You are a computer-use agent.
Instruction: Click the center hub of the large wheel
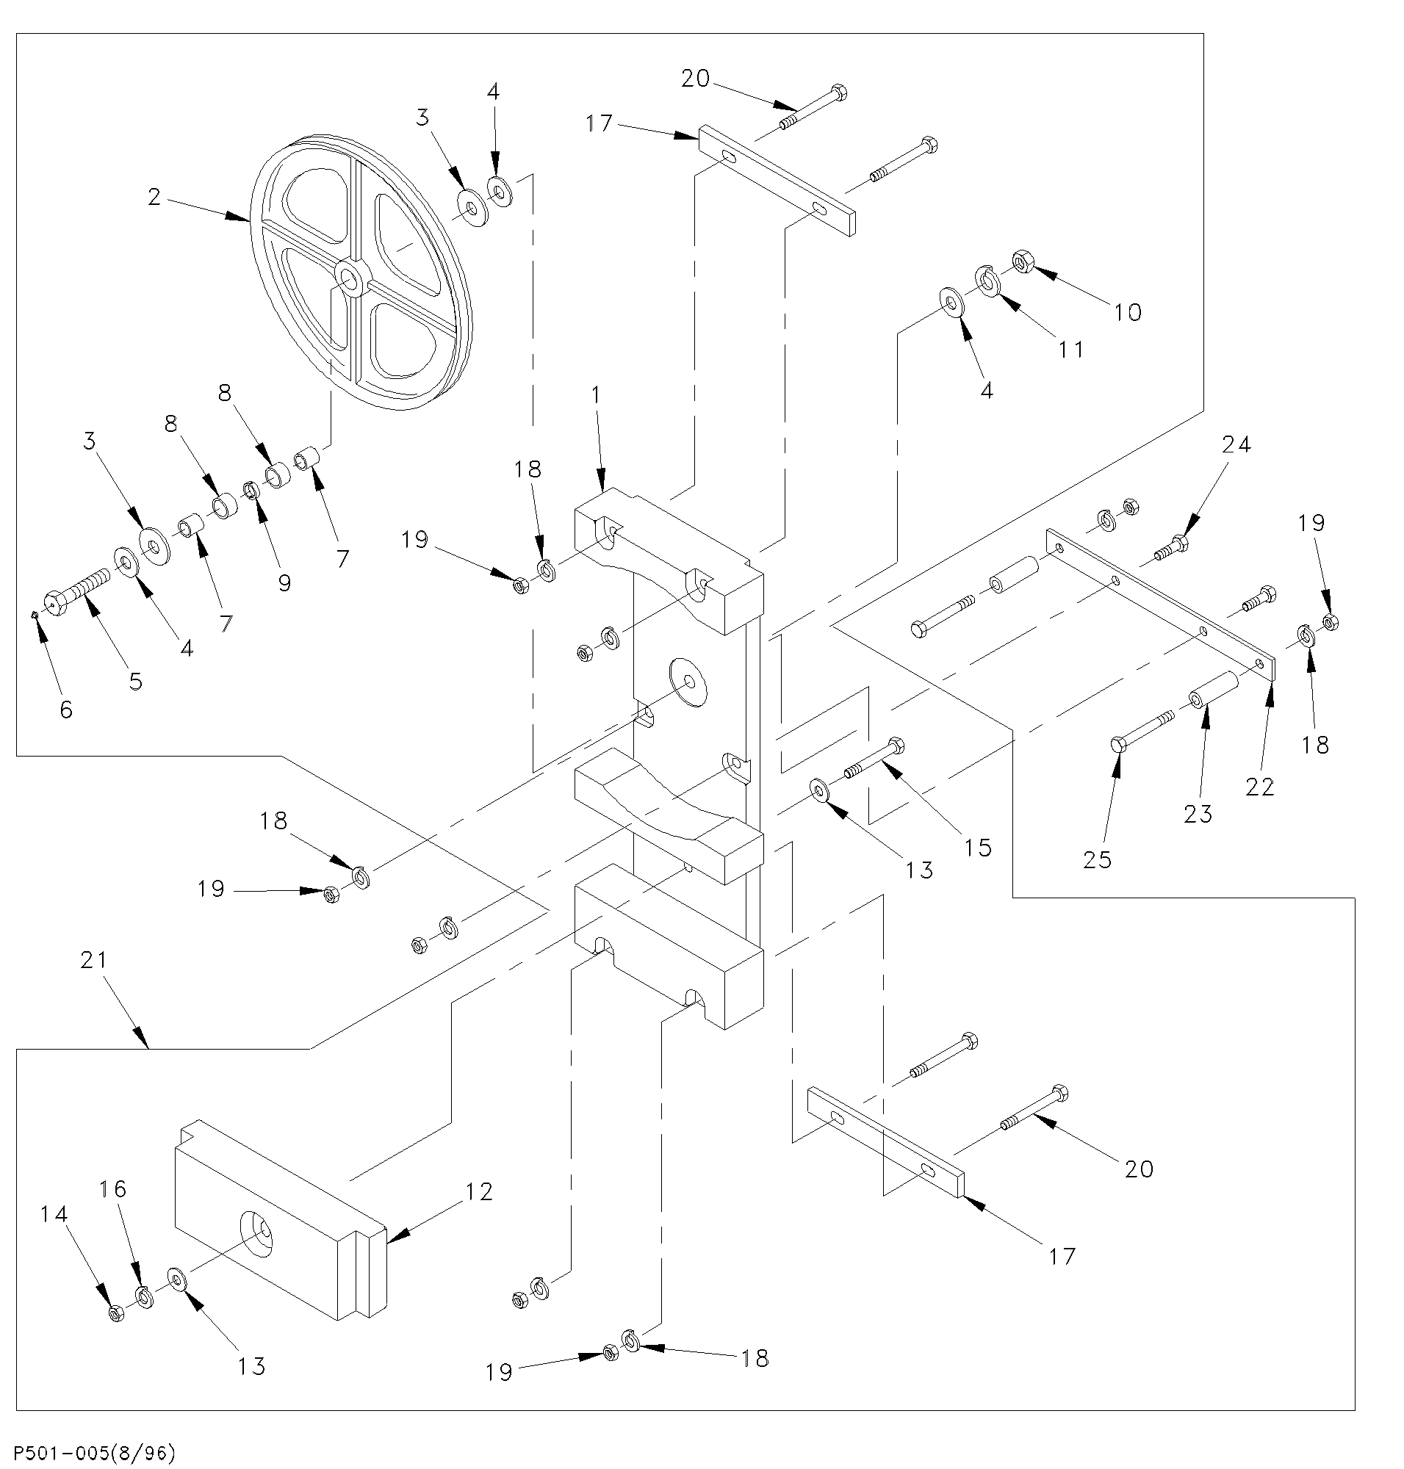tap(349, 280)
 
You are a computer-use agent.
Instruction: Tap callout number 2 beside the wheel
tap(154, 198)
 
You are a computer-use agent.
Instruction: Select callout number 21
tap(94, 960)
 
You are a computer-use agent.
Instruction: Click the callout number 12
tap(478, 1192)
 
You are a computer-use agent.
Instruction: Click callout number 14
tap(54, 1214)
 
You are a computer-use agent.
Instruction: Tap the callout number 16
tap(114, 1189)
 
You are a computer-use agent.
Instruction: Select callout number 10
tap(1127, 312)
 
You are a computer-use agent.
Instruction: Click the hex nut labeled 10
tap(1023, 261)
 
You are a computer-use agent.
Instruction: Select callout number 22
tap(1259, 787)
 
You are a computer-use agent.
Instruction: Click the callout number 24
tap(1236, 445)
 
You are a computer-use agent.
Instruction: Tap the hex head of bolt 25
tap(1118, 745)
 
